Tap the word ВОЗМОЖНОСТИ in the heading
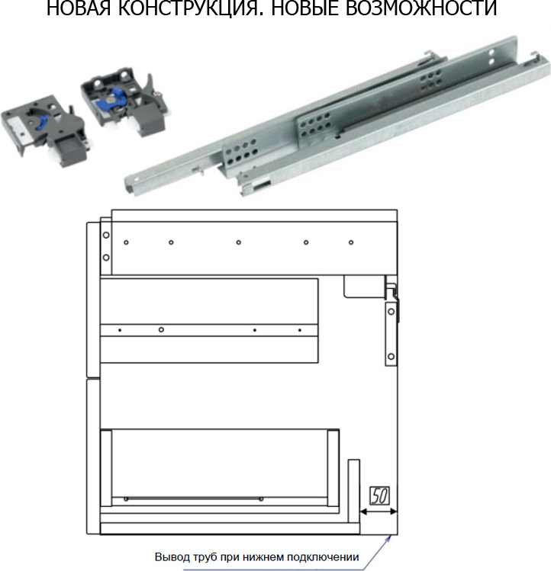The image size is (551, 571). point(420,8)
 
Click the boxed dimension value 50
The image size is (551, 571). point(379,496)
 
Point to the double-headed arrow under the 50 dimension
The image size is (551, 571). point(379,512)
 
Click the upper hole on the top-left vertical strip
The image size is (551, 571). point(106,235)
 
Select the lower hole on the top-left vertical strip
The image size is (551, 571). point(106,258)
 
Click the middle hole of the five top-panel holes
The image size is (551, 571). point(239,242)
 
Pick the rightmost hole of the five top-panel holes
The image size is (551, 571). point(351,242)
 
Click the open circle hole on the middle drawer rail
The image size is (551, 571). point(161,329)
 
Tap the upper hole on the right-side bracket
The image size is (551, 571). point(391,311)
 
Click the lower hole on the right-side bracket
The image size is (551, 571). point(391,356)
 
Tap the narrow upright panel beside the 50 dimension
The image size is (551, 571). point(353,491)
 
